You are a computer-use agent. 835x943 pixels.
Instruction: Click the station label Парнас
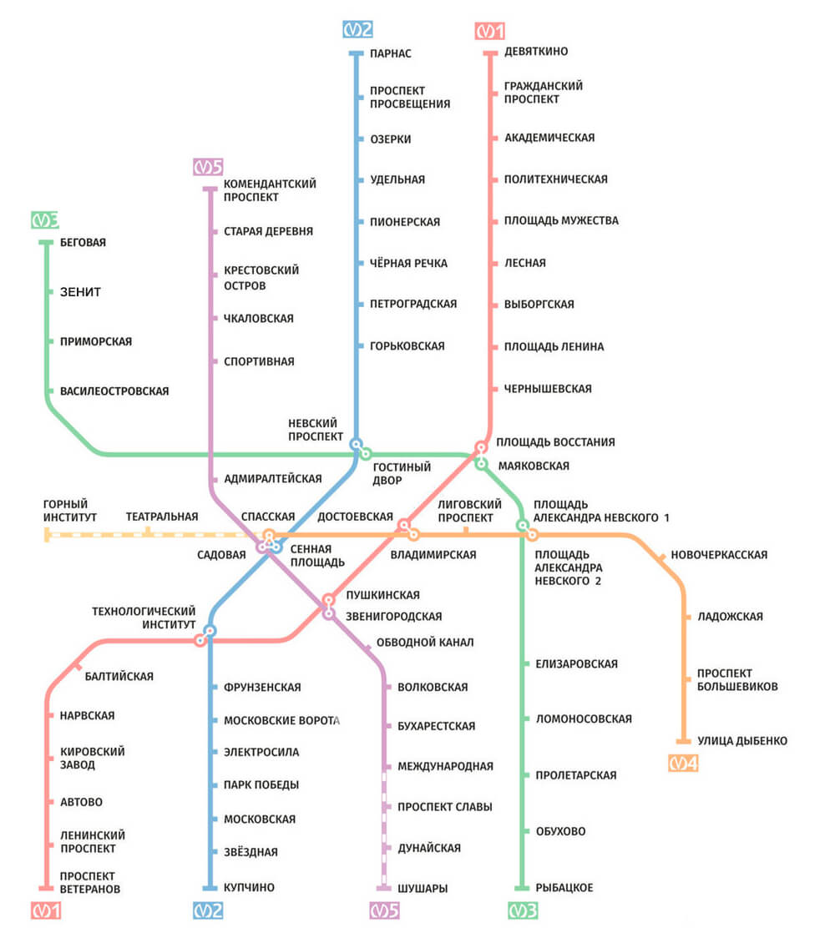pyautogui.click(x=390, y=54)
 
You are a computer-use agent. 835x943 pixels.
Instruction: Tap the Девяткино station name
pyautogui.click(x=536, y=52)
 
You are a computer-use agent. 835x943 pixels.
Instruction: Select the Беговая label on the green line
pyautogui.click(x=83, y=243)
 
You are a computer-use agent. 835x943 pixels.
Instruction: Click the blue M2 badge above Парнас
pyautogui.click(x=358, y=30)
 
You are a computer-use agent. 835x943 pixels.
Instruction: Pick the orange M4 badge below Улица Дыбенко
pyautogui.click(x=683, y=763)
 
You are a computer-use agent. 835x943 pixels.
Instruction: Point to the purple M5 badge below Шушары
pyautogui.click(x=384, y=911)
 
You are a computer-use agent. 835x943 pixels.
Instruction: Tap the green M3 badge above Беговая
pyautogui.click(x=45, y=220)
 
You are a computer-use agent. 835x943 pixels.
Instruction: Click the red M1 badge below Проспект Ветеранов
pyautogui.click(x=47, y=911)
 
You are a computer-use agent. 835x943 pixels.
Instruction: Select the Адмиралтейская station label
pyautogui.click(x=272, y=479)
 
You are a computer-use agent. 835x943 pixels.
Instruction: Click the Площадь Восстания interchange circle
pyautogui.click(x=481, y=447)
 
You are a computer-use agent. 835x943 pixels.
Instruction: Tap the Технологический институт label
pyautogui.click(x=144, y=618)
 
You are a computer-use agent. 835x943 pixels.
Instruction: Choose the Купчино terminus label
pyautogui.click(x=249, y=888)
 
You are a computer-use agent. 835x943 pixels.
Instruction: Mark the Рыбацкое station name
pyautogui.click(x=564, y=888)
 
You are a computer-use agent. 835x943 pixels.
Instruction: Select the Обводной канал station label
pyautogui.click(x=425, y=643)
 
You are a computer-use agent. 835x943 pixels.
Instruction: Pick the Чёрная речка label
pyautogui.click(x=408, y=264)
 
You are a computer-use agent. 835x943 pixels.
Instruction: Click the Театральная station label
pyautogui.click(x=162, y=517)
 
